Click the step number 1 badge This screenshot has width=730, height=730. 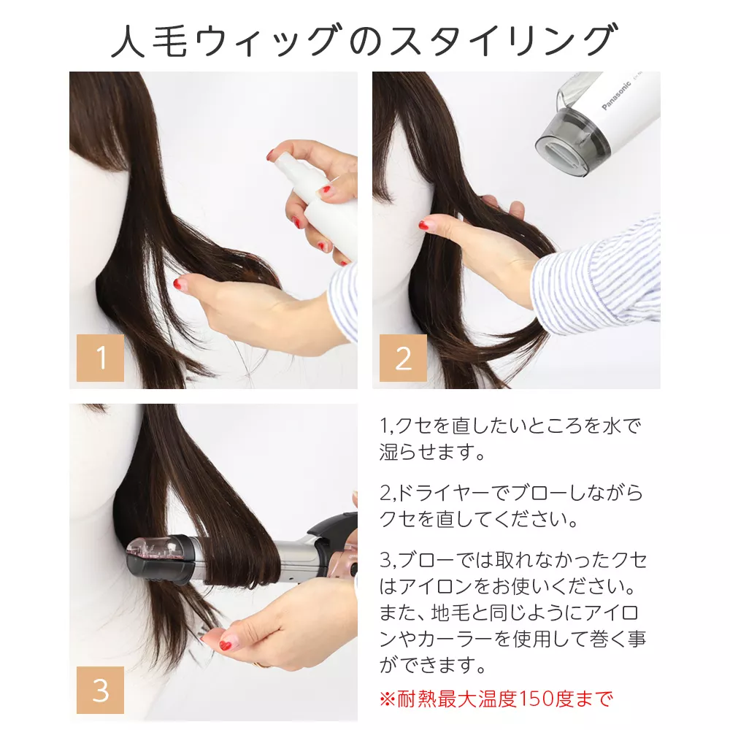pos(101,358)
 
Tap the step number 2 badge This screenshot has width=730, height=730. pos(403,358)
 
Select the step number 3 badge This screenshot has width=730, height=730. pos(101,691)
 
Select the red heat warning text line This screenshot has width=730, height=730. pos(496,699)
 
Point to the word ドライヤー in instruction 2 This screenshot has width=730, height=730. pos(449,494)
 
